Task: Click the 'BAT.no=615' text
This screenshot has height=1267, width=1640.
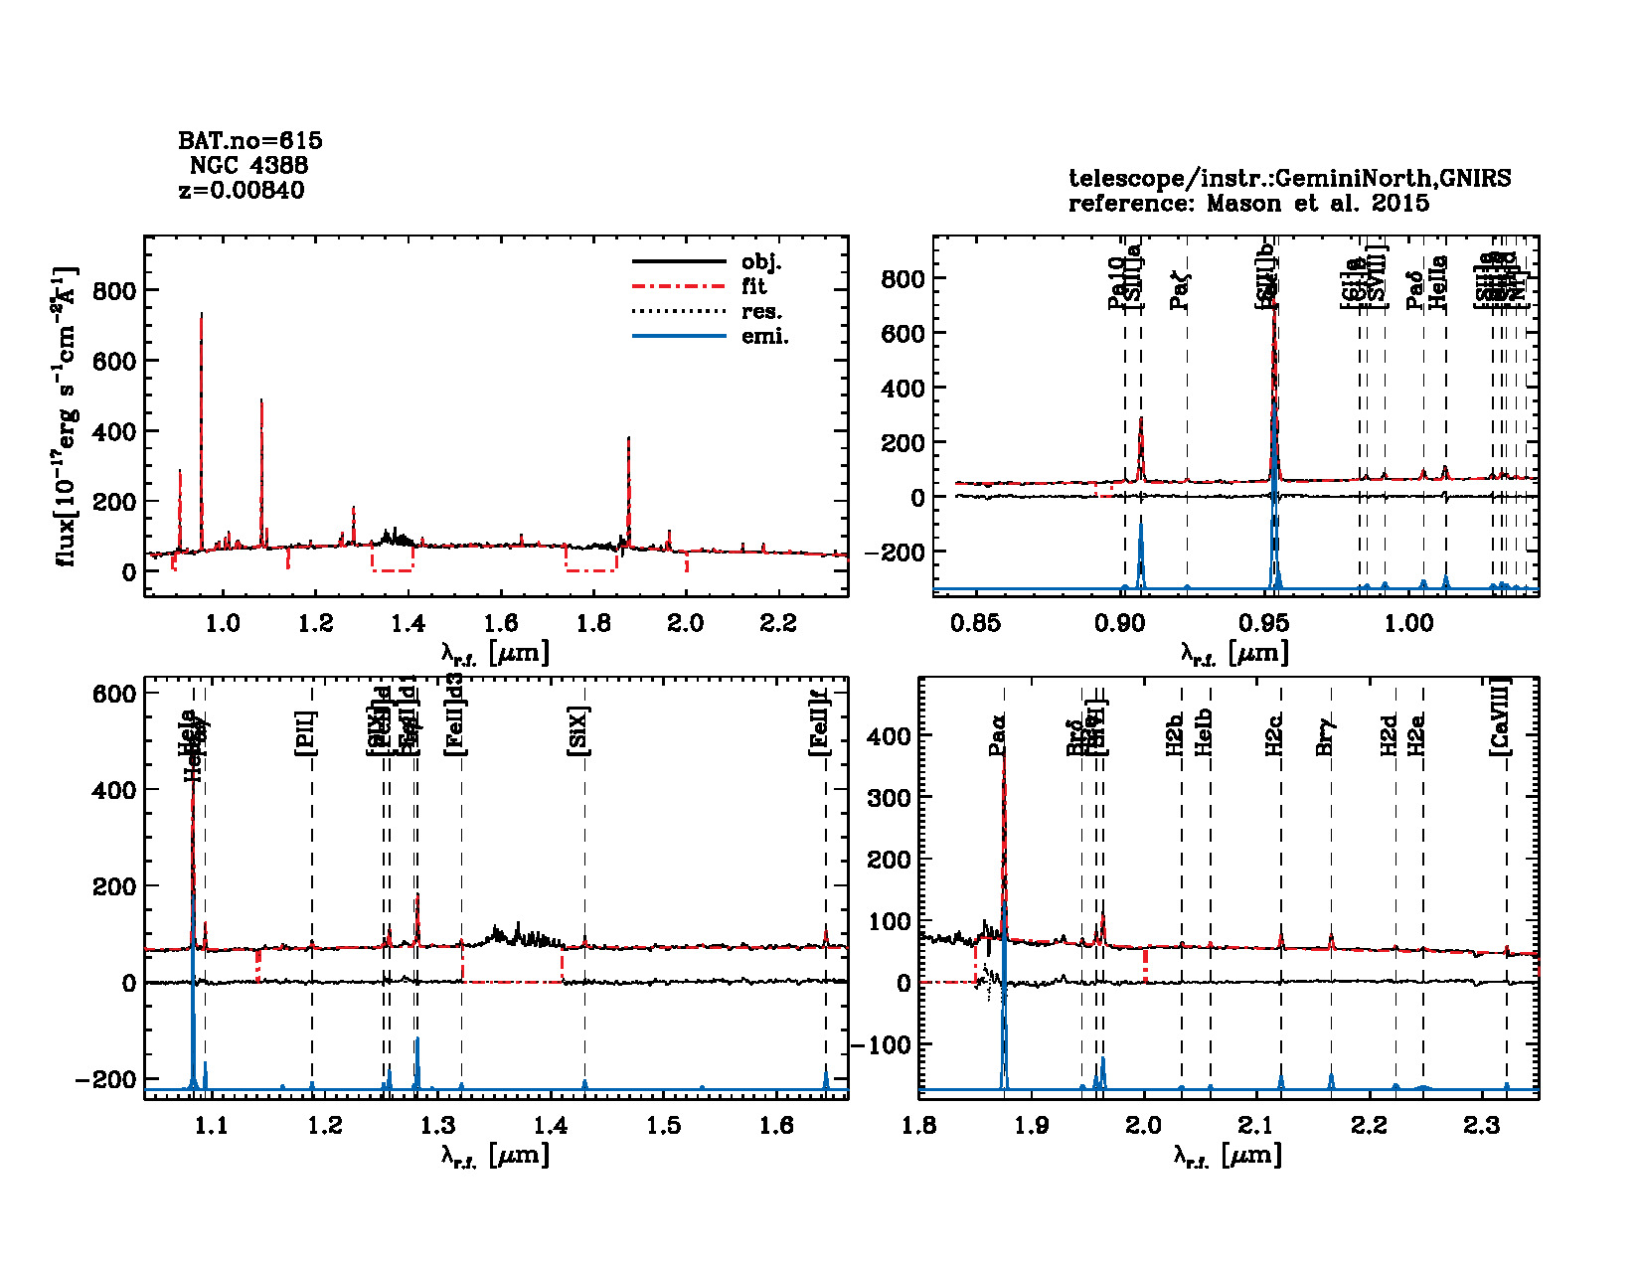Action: [x=249, y=140]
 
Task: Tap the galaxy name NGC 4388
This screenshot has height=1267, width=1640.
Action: [x=248, y=165]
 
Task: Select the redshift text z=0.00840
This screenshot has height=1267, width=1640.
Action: [x=242, y=190]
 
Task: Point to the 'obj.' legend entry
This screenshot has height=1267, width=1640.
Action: [x=761, y=262]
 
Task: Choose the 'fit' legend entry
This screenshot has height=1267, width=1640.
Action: [x=754, y=286]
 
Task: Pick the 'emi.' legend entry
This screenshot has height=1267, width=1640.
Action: [x=764, y=336]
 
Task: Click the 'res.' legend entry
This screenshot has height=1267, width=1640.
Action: [x=761, y=311]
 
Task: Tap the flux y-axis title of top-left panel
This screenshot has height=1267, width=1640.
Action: [x=66, y=416]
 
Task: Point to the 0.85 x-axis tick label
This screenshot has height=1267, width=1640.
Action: [x=975, y=623]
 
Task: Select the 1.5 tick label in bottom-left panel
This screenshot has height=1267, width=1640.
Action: [x=663, y=1125]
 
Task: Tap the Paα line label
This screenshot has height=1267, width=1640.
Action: [x=998, y=734]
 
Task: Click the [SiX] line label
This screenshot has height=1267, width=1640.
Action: [x=578, y=731]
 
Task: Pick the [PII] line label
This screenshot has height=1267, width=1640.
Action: [x=306, y=732]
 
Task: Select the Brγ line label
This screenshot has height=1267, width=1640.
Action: [x=1324, y=736]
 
